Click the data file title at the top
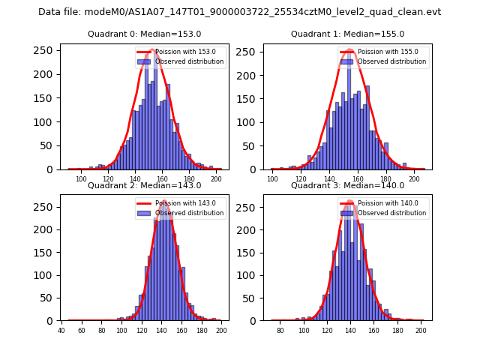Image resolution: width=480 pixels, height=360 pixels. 240,12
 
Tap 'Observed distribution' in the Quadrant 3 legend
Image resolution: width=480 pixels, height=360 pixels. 392,213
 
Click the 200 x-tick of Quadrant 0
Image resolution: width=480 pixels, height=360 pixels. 217,179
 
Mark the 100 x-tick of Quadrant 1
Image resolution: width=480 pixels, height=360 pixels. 272,179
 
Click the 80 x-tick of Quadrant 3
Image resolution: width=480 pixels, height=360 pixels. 280,331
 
